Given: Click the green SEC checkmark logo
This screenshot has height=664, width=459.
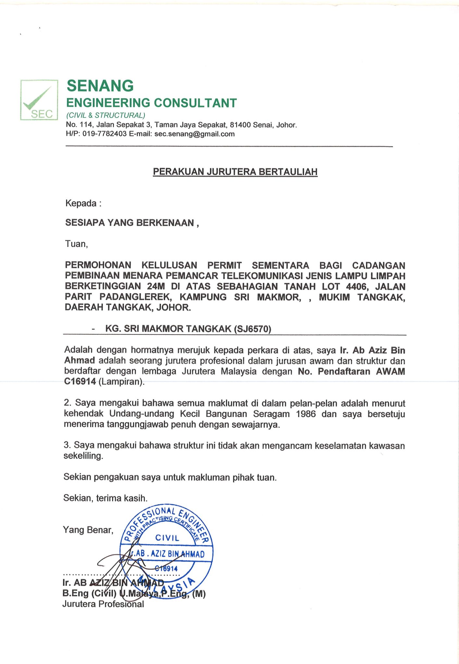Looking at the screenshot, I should point(39,100).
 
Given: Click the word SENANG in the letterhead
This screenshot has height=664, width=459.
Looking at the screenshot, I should point(100,86).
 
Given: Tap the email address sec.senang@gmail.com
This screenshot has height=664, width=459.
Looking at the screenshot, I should point(194,134).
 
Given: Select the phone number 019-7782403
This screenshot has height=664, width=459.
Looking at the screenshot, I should point(104,134).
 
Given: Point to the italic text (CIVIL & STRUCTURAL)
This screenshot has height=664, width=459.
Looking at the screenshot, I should point(105,115).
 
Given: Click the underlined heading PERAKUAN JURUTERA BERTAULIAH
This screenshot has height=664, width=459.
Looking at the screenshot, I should point(235,172).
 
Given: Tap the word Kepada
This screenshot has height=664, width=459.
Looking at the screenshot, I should point(81,203).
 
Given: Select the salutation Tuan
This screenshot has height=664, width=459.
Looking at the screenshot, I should point(76,244).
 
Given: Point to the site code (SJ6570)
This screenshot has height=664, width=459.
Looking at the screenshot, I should point(252,329).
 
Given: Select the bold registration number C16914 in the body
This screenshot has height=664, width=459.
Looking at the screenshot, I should point(80,382).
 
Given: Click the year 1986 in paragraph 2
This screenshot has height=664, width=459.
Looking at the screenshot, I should point(306,414).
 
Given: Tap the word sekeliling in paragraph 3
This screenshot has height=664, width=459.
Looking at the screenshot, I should point(83,456).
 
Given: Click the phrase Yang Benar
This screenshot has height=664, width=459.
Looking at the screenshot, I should point(88,530).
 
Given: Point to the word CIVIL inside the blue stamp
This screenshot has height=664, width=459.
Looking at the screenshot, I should point(167,538).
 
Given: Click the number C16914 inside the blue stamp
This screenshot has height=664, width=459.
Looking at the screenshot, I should point(166,568).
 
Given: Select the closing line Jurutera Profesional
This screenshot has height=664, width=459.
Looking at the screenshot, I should point(103,604).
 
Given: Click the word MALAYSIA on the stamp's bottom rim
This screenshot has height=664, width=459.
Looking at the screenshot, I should point(169,587).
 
